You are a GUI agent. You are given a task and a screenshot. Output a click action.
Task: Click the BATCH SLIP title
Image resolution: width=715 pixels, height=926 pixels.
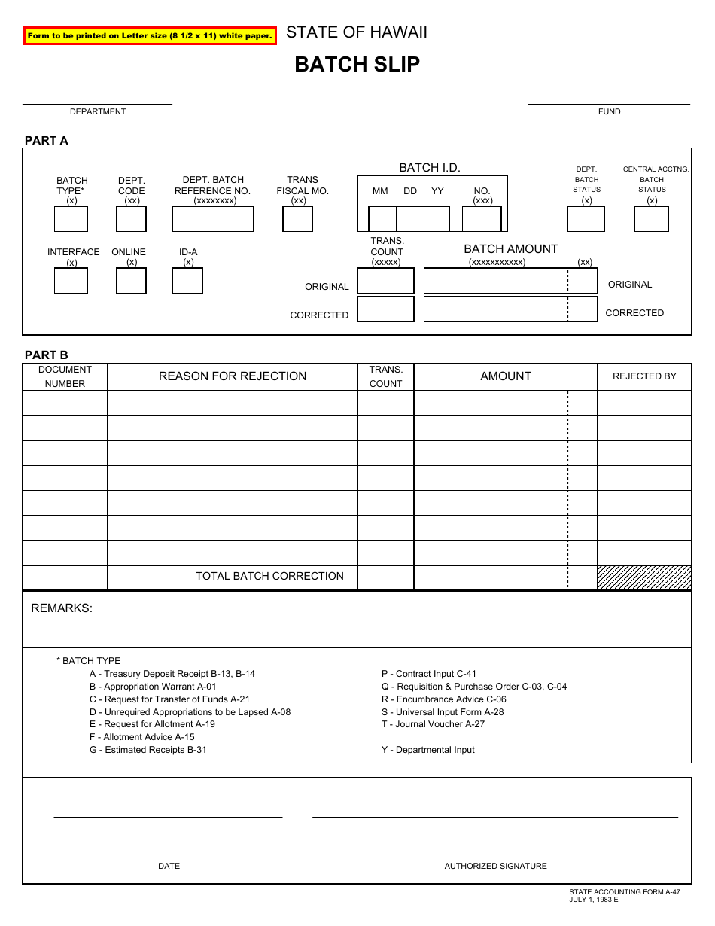coord(357,65)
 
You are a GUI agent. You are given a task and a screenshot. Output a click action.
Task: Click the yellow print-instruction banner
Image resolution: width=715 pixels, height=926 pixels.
coord(150,35)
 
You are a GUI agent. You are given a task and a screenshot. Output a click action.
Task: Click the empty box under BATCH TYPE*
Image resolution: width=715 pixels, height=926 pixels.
coord(71,219)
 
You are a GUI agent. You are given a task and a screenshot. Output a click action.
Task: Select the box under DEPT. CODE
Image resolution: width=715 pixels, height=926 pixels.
coord(131,219)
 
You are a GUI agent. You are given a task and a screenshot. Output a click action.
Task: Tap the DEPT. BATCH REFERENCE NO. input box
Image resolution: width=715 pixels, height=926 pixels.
coord(213,219)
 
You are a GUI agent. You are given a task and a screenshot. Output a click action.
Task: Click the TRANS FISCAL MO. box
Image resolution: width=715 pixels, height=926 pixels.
coord(297,219)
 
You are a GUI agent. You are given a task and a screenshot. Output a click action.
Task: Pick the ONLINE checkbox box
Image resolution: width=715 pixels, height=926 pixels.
coord(131,281)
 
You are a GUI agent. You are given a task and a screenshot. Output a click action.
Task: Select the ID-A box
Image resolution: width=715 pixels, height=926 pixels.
coord(187,281)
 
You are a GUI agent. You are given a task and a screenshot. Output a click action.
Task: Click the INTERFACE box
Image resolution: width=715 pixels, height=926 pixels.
coord(71,281)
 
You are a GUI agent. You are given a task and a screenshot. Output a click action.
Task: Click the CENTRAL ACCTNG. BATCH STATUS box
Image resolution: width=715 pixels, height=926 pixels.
coord(651,219)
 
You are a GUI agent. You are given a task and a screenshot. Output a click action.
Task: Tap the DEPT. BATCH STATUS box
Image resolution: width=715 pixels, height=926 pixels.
coord(586,219)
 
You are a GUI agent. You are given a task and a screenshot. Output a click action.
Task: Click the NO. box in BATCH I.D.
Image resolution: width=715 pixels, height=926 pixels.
coord(482,219)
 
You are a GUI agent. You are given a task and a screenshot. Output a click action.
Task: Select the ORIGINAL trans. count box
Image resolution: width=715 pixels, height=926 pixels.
coord(385,281)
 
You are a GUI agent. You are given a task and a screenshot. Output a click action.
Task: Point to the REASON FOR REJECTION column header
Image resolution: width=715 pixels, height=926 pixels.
coord(233,376)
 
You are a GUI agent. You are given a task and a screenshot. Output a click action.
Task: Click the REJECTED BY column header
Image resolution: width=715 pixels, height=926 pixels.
coord(644,376)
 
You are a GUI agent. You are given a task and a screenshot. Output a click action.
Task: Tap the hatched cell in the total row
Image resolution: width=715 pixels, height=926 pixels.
coord(644,577)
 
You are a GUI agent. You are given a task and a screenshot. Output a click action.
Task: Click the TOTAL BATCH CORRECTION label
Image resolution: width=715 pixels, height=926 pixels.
coord(269,577)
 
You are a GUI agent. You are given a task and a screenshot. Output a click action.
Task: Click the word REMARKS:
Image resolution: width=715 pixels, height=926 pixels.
coord(62,608)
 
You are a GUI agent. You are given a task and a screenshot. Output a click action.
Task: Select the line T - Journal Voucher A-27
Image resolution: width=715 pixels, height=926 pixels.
coord(433,724)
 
